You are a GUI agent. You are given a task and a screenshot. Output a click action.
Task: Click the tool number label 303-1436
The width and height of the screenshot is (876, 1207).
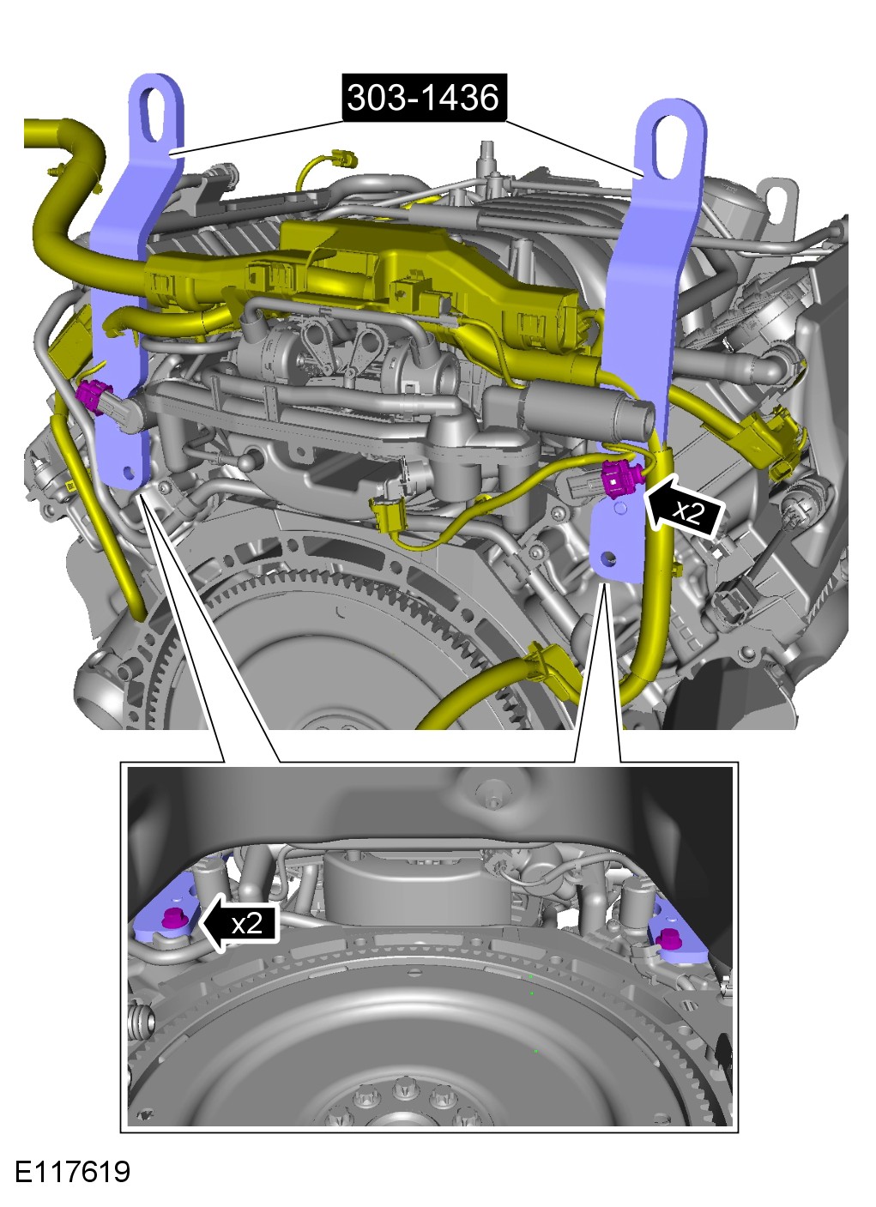click(424, 98)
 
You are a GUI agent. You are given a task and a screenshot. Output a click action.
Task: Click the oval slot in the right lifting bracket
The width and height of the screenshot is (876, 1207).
click(671, 147)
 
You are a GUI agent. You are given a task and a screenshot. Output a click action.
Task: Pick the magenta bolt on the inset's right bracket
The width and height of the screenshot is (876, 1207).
click(668, 938)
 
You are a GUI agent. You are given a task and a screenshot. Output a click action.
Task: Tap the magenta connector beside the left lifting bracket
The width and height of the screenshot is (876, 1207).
click(92, 395)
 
